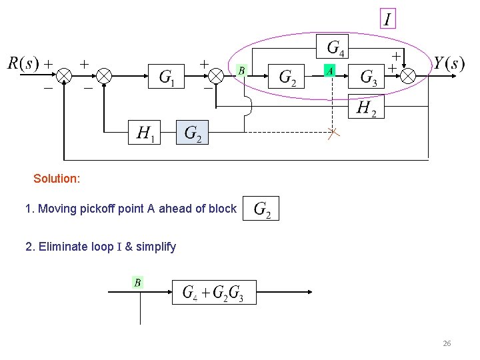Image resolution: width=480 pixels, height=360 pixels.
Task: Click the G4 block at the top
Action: coord(335,48)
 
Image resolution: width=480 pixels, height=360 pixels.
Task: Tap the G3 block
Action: coord(368,77)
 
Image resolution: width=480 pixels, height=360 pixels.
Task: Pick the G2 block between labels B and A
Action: coord(288,77)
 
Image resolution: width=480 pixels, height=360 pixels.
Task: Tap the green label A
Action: coord(329,70)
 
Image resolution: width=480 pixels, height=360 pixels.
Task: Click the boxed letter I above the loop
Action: coord(387,19)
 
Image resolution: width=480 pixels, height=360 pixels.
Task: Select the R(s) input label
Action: coord(23,63)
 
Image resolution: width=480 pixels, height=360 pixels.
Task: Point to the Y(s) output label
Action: coord(449,63)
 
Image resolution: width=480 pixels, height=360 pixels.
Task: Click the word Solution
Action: coord(57,179)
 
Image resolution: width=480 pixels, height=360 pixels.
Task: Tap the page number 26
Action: coord(447,343)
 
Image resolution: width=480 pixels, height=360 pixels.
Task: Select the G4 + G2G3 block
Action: coord(213,292)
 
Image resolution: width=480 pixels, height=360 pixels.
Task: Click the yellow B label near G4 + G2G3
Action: coord(137,283)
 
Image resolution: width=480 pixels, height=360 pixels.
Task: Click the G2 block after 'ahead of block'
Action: coord(262,209)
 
